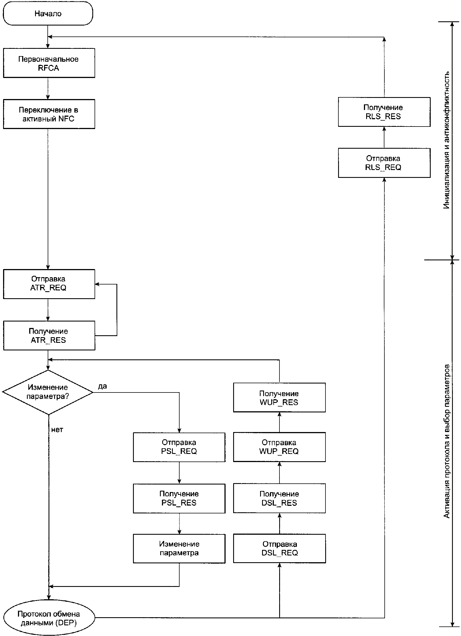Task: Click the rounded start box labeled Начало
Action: (48, 13)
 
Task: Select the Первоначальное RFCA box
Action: (49, 63)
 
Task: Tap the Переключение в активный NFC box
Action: (49, 114)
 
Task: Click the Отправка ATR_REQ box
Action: (49, 284)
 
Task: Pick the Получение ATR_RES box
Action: (49, 336)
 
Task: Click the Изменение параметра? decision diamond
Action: (48, 392)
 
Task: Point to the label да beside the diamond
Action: (102, 387)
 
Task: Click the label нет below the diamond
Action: (57, 430)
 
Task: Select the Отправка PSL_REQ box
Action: (179, 447)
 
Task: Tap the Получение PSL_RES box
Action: (179, 499)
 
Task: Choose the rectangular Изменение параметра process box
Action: (179, 549)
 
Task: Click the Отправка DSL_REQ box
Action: (279, 548)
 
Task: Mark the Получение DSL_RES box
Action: (279, 499)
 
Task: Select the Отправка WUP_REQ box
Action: (279, 447)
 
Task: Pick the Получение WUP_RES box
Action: (279, 398)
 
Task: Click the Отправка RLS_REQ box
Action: (384, 163)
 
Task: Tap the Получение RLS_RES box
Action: (384, 112)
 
